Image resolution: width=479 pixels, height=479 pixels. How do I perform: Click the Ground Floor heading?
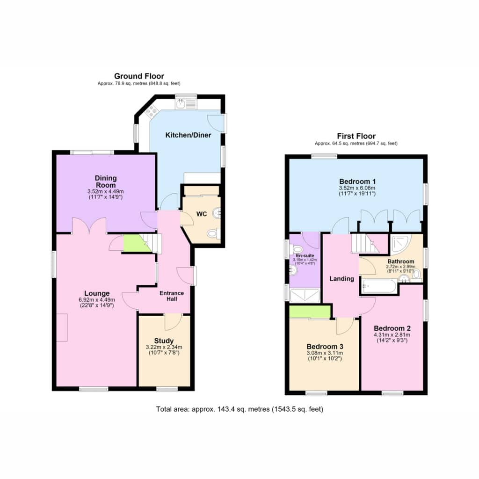(139, 76)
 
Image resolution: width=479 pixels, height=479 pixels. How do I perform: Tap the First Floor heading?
(356, 136)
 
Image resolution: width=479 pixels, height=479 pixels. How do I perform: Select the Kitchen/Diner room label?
(188, 135)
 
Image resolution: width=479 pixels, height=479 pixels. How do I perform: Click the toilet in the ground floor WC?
(213, 234)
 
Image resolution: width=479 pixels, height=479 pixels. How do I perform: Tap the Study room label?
(164, 341)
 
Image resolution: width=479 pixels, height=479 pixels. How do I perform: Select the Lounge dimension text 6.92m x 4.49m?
(97, 300)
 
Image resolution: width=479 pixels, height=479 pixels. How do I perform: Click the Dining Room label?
(106, 181)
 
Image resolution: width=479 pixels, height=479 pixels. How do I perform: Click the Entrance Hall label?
(172, 296)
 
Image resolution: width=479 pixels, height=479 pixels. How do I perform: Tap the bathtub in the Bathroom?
(379, 286)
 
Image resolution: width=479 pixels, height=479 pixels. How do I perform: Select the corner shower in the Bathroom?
(400, 244)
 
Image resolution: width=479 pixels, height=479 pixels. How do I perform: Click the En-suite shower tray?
(304, 296)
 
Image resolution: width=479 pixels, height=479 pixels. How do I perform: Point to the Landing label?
(341, 279)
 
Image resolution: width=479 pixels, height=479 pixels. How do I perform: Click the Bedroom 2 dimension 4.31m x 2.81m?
(392, 334)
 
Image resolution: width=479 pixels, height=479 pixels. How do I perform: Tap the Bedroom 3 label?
(325, 347)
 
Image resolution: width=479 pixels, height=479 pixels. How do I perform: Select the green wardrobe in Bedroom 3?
(310, 312)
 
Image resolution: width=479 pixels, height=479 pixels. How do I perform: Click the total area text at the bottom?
(239, 409)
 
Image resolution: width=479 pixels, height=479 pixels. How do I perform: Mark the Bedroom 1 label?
(357, 181)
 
